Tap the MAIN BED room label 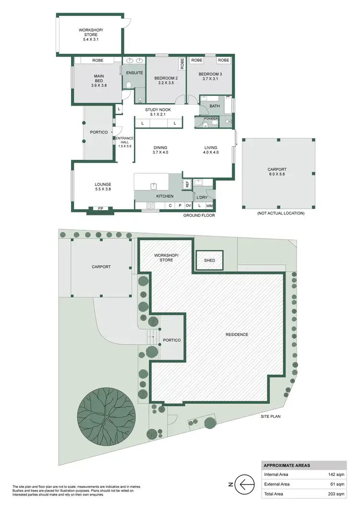point(98,78)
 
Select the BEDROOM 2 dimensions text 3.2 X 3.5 point(166,83)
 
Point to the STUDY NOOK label point(158,110)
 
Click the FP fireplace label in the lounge point(100,209)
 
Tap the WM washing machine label point(209,206)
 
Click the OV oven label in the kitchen point(189,206)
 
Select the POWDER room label point(211,118)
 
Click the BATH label point(214,107)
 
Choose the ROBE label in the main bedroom point(98,60)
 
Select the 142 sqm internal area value point(334,474)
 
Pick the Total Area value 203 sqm point(334,494)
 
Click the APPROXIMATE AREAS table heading point(287,465)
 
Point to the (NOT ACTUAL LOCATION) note point(280,213)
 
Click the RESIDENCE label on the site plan point(237,334)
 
